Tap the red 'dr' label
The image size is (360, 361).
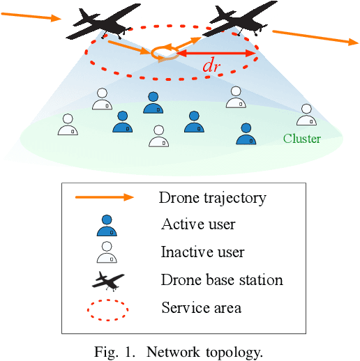(x=211, y=67)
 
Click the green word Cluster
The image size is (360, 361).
(x=301, y=139)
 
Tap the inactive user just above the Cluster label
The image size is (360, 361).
(x=305, y=114)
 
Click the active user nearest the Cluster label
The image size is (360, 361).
(x=243, y=134)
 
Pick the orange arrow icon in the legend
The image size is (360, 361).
(x=104, y=197)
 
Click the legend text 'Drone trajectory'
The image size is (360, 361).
(x=212, y=197)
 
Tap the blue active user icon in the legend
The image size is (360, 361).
(x=106, y=225)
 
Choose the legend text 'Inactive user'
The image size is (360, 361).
(x=202, y=252)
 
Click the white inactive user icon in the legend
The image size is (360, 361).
(x=106, y=252)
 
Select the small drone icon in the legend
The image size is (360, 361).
(x=107, y=280)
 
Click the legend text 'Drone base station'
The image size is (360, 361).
(x=222, y=280)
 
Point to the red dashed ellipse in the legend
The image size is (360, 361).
(x=107, y=307)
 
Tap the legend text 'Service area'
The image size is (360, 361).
(x=201, y=307)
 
